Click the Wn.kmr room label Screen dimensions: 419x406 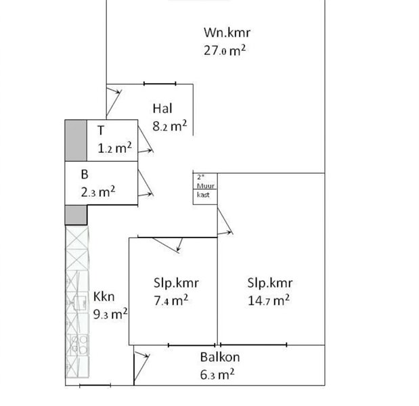(227, 32)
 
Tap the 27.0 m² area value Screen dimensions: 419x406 (225, 50)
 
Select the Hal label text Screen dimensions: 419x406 (162, 108)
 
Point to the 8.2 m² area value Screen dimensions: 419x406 (170, 126)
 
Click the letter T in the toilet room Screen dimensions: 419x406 (101, 131)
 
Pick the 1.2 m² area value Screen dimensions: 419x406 (114, 148)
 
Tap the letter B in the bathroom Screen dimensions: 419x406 (85, 175)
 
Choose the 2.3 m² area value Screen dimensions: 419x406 (98, 191)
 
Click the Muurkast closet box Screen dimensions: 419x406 (205, 189)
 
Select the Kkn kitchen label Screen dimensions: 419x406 (104, 297)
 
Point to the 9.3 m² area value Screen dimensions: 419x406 (110, 314)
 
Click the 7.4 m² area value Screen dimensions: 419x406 (171, 300)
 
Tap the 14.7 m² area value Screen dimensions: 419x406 (269, 300)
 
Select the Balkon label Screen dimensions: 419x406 (220, 357)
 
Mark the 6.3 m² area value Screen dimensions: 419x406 (217, 374)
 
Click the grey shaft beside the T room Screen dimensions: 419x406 (76, 141)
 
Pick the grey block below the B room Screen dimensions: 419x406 (76, 215)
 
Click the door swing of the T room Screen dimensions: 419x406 (146, 139)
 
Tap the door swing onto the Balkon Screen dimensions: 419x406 (141, 367)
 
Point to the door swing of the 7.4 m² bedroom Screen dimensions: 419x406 (167, 245)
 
